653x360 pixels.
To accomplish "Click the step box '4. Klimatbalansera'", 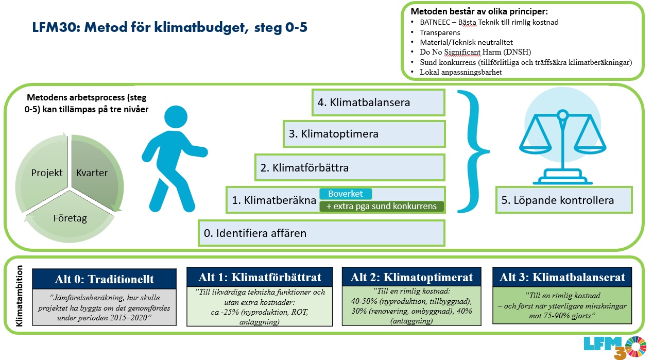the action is click(379, 102).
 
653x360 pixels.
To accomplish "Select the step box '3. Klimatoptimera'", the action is click(364, 134).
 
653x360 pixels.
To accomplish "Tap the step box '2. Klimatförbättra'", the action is click(350, 167).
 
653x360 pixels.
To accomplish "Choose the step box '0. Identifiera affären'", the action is click(321, 233).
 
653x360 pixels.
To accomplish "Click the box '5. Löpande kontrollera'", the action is click(564, 200).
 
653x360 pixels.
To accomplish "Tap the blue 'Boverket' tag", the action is click(346, 194).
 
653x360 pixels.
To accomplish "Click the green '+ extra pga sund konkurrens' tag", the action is click(382, 207).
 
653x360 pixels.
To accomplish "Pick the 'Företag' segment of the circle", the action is click(70, 218).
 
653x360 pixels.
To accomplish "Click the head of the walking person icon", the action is click(176, 117).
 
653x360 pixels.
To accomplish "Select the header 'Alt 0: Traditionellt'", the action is click(105, 279).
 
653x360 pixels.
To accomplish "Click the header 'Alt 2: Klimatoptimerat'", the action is click(411, 277).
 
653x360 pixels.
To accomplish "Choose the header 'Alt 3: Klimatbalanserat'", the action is click(562, 277).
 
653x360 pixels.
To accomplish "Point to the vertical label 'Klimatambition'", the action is click(19, 296).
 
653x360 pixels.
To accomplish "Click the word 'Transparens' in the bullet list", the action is click(440, 32).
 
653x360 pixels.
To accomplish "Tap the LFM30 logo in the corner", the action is click(615, 347).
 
